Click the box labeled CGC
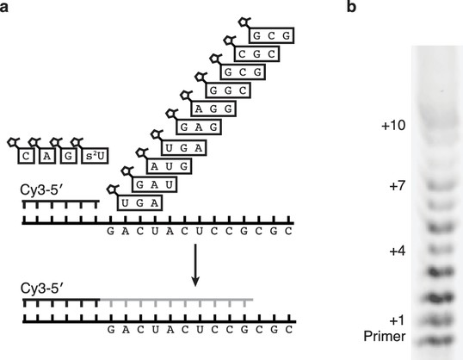(x=256, y=53)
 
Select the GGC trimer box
(x=228, y=90)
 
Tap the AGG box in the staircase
(x=213, y=109)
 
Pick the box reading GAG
(x=199, y=127)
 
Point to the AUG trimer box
(x=170, y=166)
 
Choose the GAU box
(x=154, y=184)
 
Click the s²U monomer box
(x=95, y=156)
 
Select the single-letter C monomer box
(x=26, y=156)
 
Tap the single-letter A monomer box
(x=47, y=156)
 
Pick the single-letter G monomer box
(x=69, y=156)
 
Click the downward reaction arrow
(x=195, y=265)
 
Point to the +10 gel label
(x=393, y=126)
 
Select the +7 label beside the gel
(x=397, y=186)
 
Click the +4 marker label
(x=397, y=251)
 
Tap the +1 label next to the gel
(x=397, y=320)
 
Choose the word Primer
(x=385, y=337)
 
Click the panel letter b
(x=351, y=7)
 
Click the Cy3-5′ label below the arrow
(x=41, y=289)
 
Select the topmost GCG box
(x=271, y=35)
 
